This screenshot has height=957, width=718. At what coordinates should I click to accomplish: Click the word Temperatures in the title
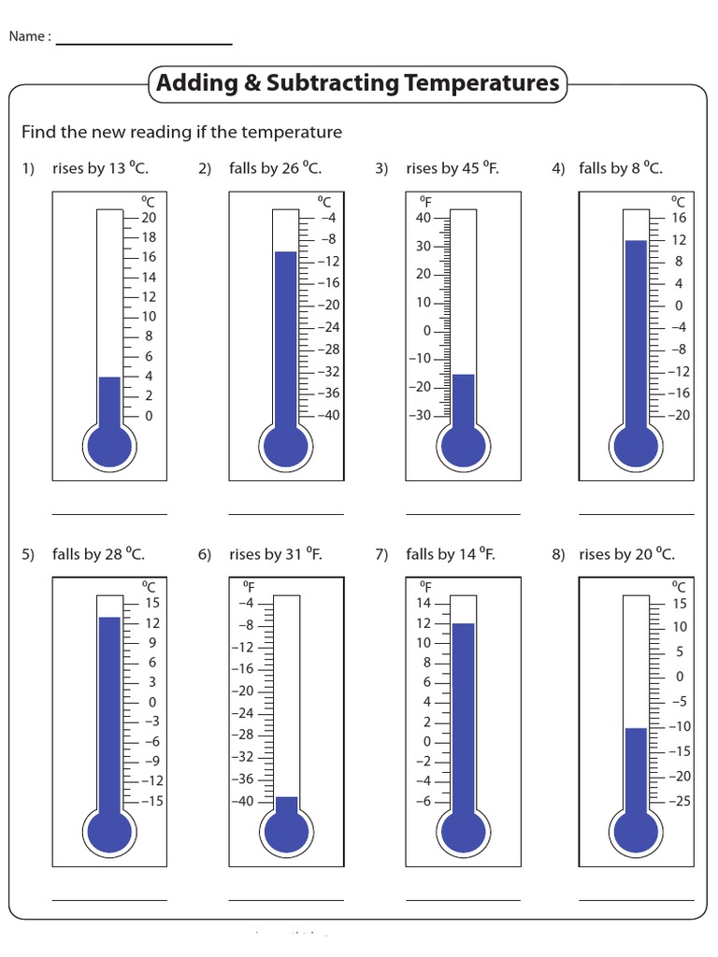(481, 83)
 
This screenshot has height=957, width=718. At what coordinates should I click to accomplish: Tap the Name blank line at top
(144, 44)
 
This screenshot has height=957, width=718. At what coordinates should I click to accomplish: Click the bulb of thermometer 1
(109, 447)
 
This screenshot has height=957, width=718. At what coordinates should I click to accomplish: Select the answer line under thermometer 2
(286, 513)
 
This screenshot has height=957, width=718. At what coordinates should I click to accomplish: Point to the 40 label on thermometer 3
(423, 218)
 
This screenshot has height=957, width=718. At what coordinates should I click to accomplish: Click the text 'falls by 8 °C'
(620, 168)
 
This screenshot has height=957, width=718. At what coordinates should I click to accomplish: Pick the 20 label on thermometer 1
(149, 217)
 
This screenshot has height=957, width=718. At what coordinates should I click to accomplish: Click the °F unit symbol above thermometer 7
(425, 586)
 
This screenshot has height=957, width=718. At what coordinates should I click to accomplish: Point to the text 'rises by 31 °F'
(275, 554)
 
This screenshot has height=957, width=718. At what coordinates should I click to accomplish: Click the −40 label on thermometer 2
(327, 415)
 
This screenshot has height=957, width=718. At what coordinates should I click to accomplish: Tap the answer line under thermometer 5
(109, 899)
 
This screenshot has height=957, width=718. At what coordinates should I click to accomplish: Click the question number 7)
(381, 555)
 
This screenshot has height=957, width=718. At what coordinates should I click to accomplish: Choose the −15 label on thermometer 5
(151, 800)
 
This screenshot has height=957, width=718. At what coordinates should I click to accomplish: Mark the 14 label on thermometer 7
(423, 603)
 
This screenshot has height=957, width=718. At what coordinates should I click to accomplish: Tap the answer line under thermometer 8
(636, 899)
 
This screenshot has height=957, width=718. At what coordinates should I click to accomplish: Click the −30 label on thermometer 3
(420, 415)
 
